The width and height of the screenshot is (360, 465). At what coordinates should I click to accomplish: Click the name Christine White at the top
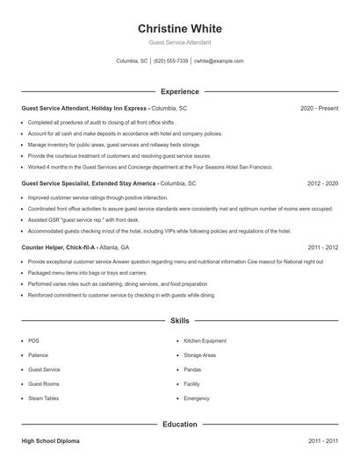(x=180, y=26)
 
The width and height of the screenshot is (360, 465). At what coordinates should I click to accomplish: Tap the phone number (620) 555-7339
(x=171, y=61)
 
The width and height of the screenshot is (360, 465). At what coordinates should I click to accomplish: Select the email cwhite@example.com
(x=219, y=61)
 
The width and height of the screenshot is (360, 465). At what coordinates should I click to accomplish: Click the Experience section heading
(x=180, y=91)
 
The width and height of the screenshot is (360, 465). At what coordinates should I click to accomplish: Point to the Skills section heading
(x=180, y=321)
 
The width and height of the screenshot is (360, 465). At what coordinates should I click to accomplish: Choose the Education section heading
(x=180, y=424)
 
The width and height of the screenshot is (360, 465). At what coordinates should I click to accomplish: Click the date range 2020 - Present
(x=319, y=108)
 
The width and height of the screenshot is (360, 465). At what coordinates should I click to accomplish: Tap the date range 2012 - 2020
(x=322, y=184)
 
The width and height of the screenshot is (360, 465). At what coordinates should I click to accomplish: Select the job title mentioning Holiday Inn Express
(x=104, y=108)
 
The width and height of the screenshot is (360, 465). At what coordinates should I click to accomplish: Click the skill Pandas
(x=192, y=369)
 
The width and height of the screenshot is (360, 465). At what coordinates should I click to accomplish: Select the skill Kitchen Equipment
(x=205, y=340)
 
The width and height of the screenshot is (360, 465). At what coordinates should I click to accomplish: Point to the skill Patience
(x=39, y=355)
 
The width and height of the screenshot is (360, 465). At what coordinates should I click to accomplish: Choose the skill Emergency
(x=197, y=398)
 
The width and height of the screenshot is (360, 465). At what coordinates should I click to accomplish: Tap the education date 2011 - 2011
(x=322, y=440)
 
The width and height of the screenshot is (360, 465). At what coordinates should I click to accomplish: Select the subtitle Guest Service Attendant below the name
(x=180, y=42)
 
